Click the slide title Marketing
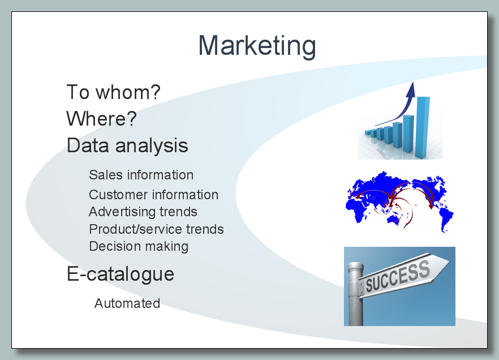click(x=257, y=46)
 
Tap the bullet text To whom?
click(x=113, y=92)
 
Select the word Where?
click(x=101, y=118)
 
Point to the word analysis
click(x=152, y=147)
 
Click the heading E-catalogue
click(x=121, y=274)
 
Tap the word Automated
click(x=127, y=303)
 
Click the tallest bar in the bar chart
click(x=422, y=127)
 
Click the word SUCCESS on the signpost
click(x=398, y=276)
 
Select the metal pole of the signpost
click(x=355, y=294)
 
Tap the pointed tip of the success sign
click(x=449, y=262)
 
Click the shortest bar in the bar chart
click(x=368, y=132)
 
